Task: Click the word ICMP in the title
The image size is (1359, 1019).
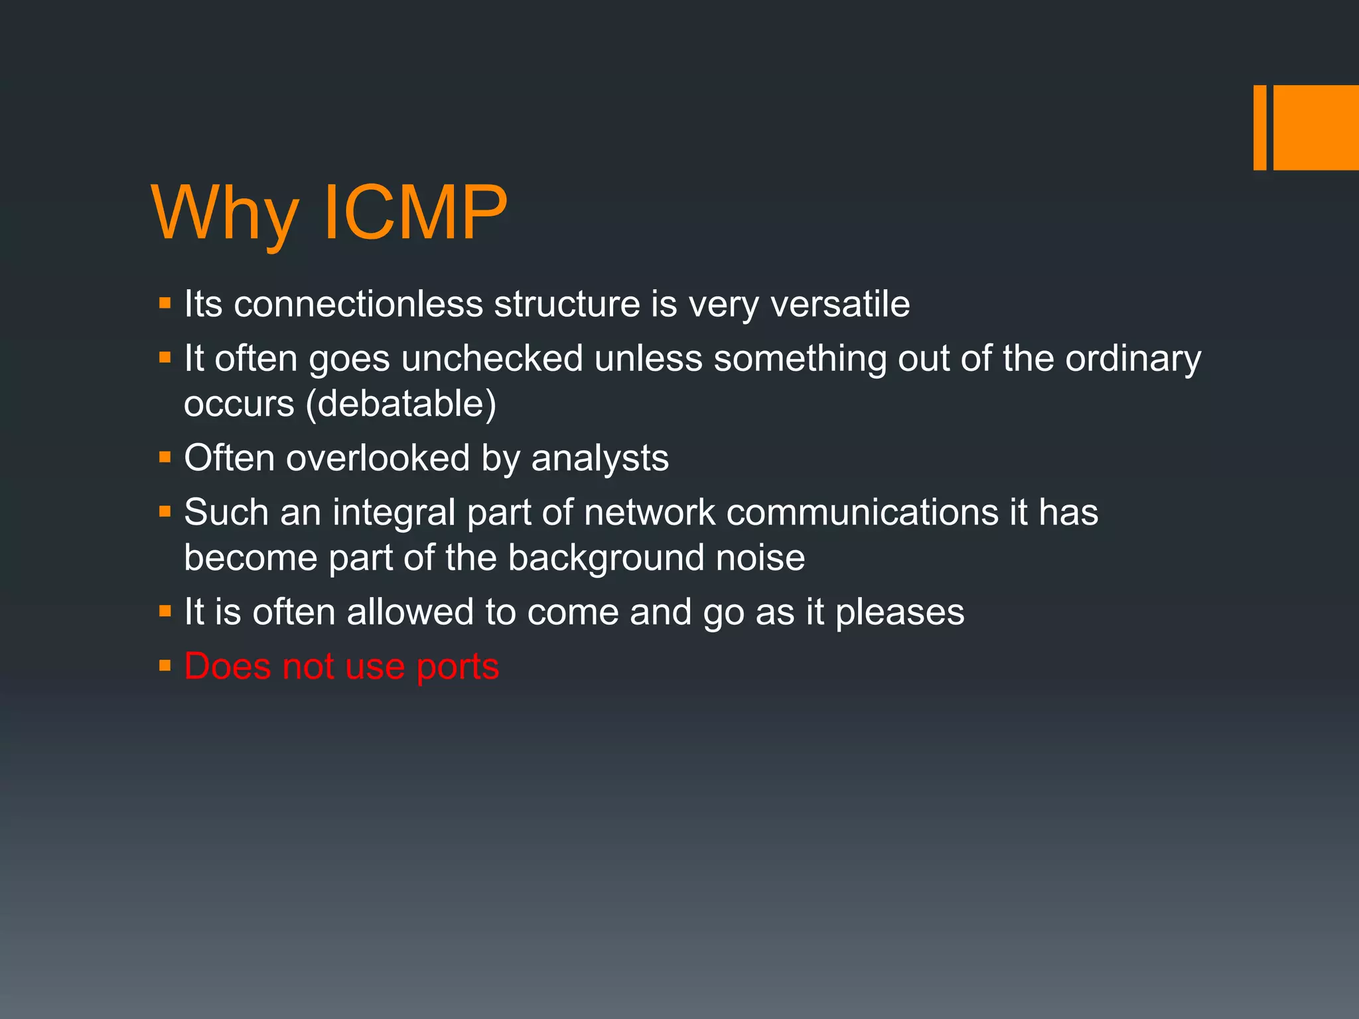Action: point(415,214)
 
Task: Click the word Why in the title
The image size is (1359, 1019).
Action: point(224,214)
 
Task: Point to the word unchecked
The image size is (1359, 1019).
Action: point(492,359)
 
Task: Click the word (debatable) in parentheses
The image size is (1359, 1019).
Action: point(401,404)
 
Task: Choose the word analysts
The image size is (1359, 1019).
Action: point(600,458)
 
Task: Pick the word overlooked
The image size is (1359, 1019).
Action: point(378,458)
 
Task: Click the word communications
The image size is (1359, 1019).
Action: point(863,513)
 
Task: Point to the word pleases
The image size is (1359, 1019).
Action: point(899,612)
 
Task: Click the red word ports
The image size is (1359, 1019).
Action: point(457,667)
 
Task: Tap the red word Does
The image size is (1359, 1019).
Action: point(228,667)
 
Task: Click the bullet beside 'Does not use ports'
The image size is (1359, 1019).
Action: point(165,665)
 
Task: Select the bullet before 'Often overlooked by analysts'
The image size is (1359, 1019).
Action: point(165,457)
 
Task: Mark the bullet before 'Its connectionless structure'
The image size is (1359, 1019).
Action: point(165,303)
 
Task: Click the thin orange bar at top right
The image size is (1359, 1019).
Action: point(1259,127)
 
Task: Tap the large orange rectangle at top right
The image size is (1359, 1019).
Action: point(1316,127)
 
